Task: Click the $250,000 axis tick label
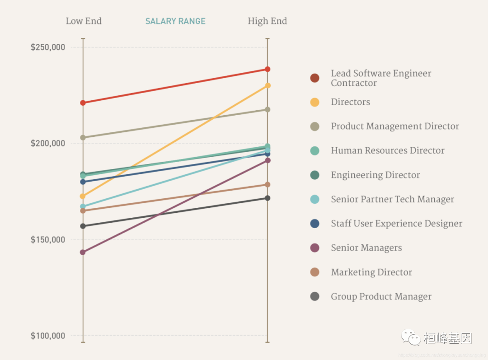tap(48, 47)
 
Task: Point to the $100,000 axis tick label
tap(48, 336)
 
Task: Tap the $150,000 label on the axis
tap(48, 239)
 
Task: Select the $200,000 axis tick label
tap(48, 143)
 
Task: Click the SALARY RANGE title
tap(175, 21)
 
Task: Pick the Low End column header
tap(84, 21)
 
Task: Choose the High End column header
tap(267, 21)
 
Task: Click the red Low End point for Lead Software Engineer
tap(83, 103)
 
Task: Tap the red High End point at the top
tap(267, 69)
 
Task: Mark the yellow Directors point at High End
tap(267, 85)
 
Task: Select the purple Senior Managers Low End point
tap(83, 252)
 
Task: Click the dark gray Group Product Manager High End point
tap(267, 198)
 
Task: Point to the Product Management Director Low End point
tap(83, 137)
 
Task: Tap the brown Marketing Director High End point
tap(267, 184)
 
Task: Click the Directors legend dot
tap(315, 102)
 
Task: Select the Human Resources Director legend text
tap(387, 150)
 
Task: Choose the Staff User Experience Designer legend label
tap(396, 224)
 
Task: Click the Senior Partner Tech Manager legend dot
tap(315, 199)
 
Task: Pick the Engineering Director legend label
tap(375, 175)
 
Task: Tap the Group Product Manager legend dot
tap(315, 296)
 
